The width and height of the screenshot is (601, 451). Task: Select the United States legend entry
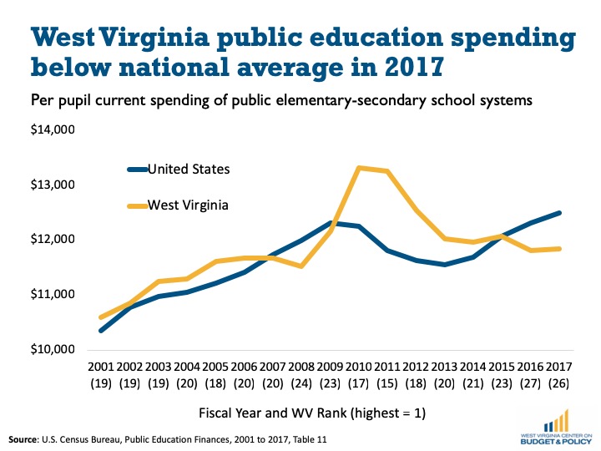[189, 170]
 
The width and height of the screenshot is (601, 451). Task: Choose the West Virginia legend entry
[188, 205]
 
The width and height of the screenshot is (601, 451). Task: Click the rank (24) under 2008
[300, 384]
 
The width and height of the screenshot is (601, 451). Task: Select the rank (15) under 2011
[386, 384]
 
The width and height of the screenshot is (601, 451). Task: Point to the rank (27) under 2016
[530, 384]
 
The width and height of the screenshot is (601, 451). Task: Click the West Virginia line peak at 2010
[358, 168]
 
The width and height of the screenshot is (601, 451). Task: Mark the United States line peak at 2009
[330, 223]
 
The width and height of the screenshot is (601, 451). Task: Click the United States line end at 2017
[558, 213]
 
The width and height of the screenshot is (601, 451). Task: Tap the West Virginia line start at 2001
[100, 317]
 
